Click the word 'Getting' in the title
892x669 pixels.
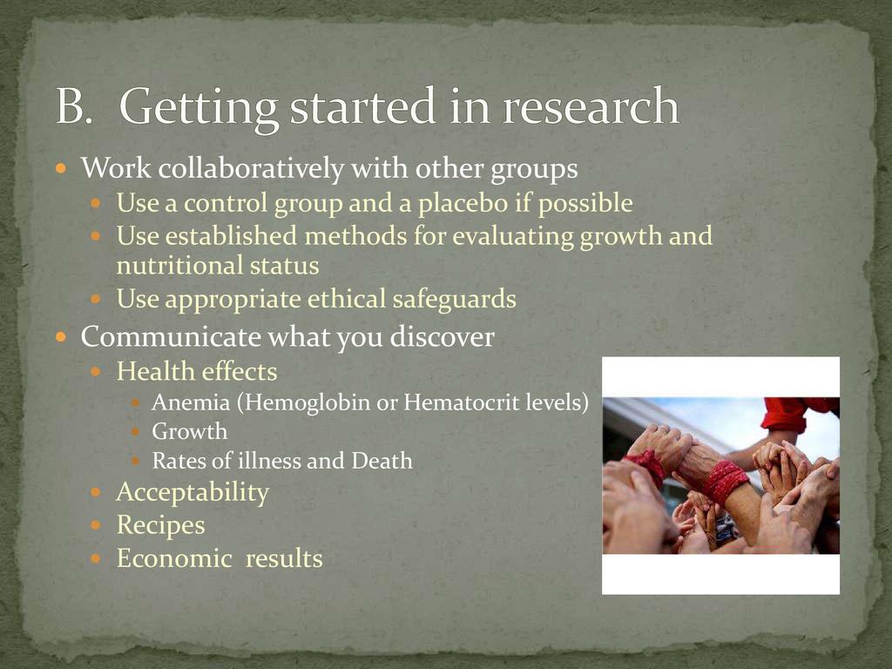point(199,108)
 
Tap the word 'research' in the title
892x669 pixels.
point(591,106)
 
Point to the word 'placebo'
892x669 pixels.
point(463,203)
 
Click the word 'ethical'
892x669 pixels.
point(347,300)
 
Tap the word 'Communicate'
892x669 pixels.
point(170,336)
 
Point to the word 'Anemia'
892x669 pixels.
point(191,402)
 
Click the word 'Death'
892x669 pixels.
point(382,460)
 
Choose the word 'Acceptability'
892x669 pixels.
point(193,493)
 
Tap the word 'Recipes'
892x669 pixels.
point(160,525)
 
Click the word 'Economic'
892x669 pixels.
point(174,558)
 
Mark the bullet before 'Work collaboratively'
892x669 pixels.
point(62,169)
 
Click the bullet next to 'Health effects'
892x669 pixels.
point(96,372)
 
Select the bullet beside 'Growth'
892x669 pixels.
point(135,432)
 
